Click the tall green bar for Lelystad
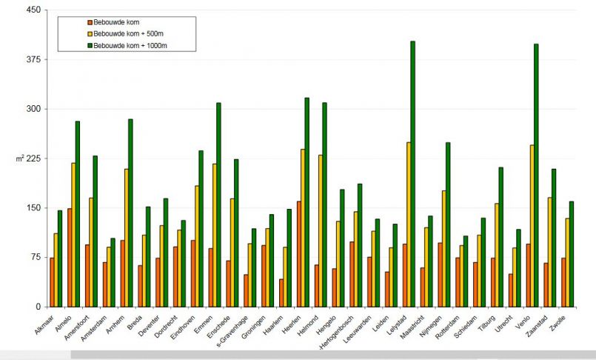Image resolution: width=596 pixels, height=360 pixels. coord(412,174)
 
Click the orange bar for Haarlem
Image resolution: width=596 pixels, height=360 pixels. coord(281,293)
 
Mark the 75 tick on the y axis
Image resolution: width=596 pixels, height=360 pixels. coord(34,257)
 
